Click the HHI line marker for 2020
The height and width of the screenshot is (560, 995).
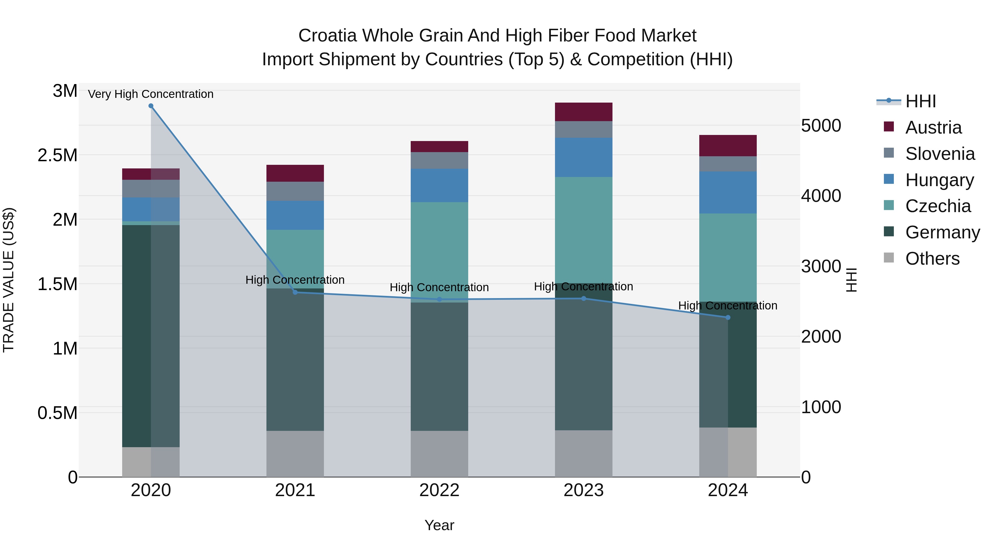151,106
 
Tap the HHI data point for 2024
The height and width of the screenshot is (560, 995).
728,317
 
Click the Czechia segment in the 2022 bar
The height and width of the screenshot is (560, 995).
439,251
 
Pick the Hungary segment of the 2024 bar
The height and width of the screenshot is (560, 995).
728,192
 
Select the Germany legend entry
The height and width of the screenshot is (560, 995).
942,232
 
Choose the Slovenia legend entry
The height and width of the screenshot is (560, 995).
939,154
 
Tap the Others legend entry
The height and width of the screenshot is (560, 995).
932,259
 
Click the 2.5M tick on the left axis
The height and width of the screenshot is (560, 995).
57,155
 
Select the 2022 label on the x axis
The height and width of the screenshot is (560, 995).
439,490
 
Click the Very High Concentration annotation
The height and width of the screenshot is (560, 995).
151,94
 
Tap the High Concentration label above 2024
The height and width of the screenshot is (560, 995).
728,305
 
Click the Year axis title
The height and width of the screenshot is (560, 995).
439,525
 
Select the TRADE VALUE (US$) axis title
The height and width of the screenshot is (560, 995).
9,280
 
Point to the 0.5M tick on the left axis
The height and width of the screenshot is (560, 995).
57,413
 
